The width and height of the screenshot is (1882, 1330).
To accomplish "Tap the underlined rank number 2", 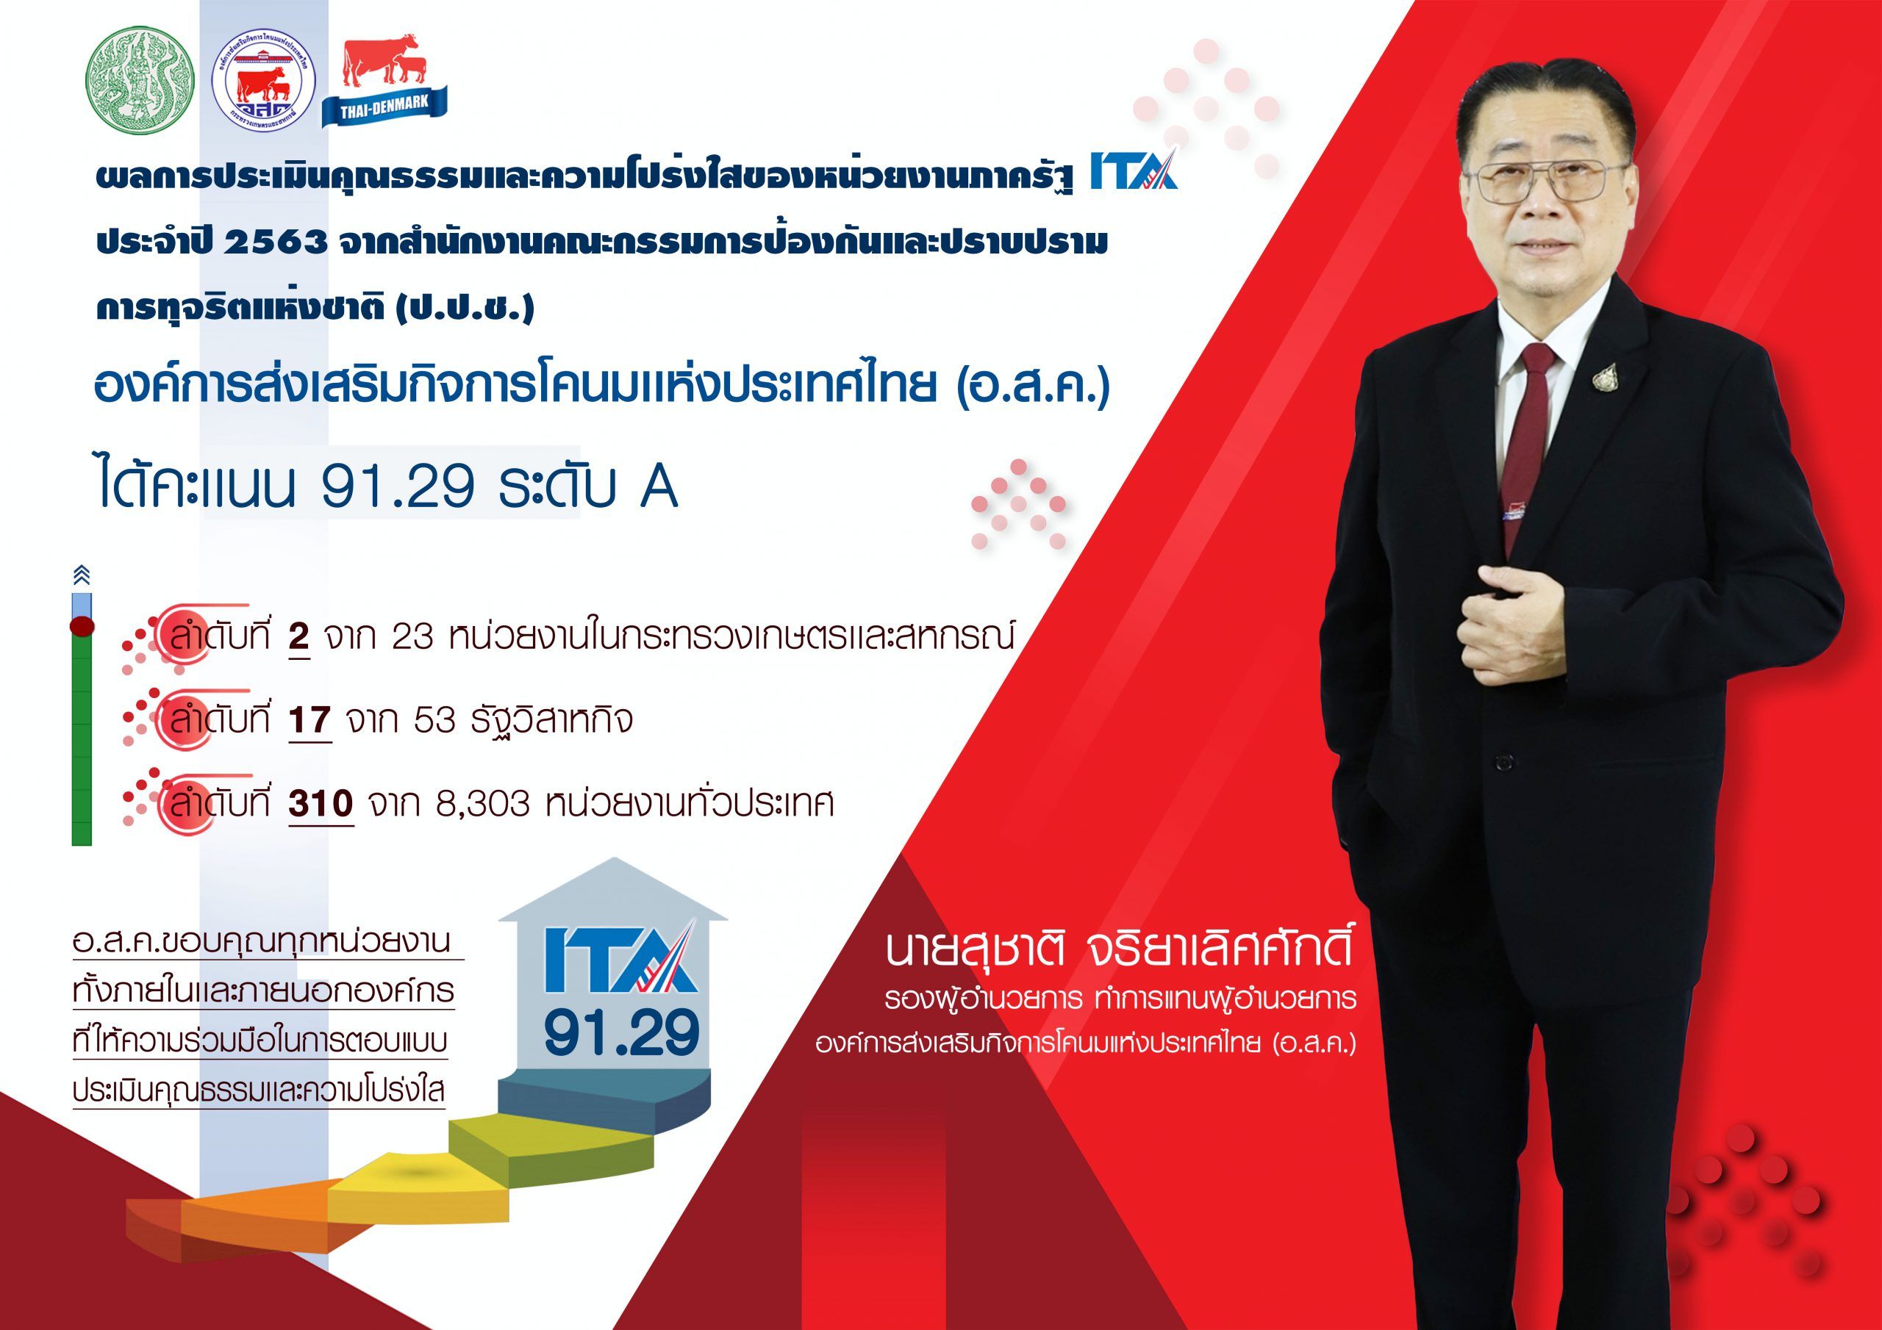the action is pyautogui.click(x=298, y=638).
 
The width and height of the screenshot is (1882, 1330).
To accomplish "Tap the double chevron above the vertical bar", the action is pyautogui.click(x=81, y=575).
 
